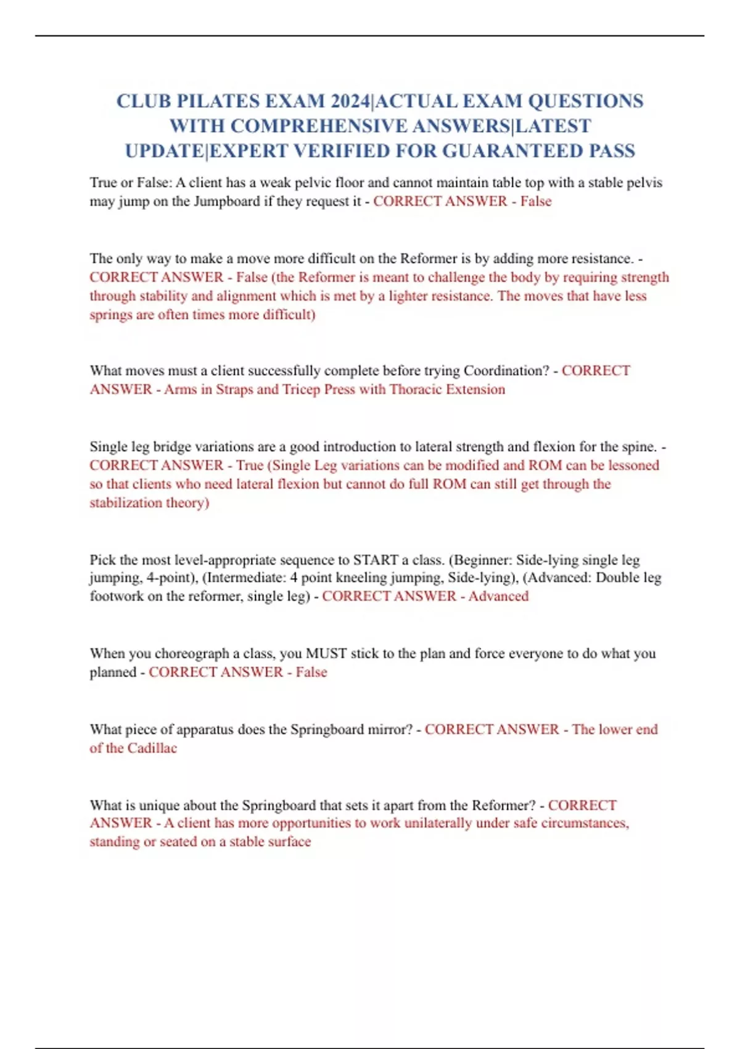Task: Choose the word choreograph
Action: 192,653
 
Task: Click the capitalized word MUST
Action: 326,653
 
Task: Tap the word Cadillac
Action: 152,748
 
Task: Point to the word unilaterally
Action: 438,823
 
